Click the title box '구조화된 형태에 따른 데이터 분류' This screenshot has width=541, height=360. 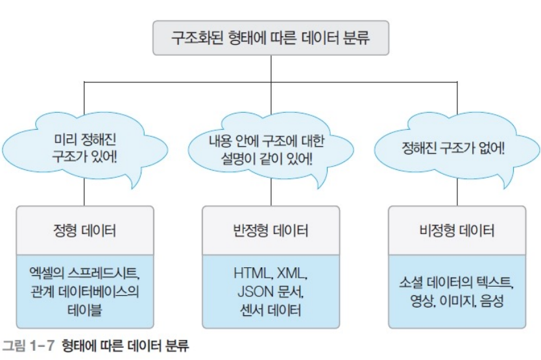click(270, 38)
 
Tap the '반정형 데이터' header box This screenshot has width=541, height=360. click(270, 230)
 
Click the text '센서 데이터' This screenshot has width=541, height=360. click(270, 309)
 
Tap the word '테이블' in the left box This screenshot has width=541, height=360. click(86, 309)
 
